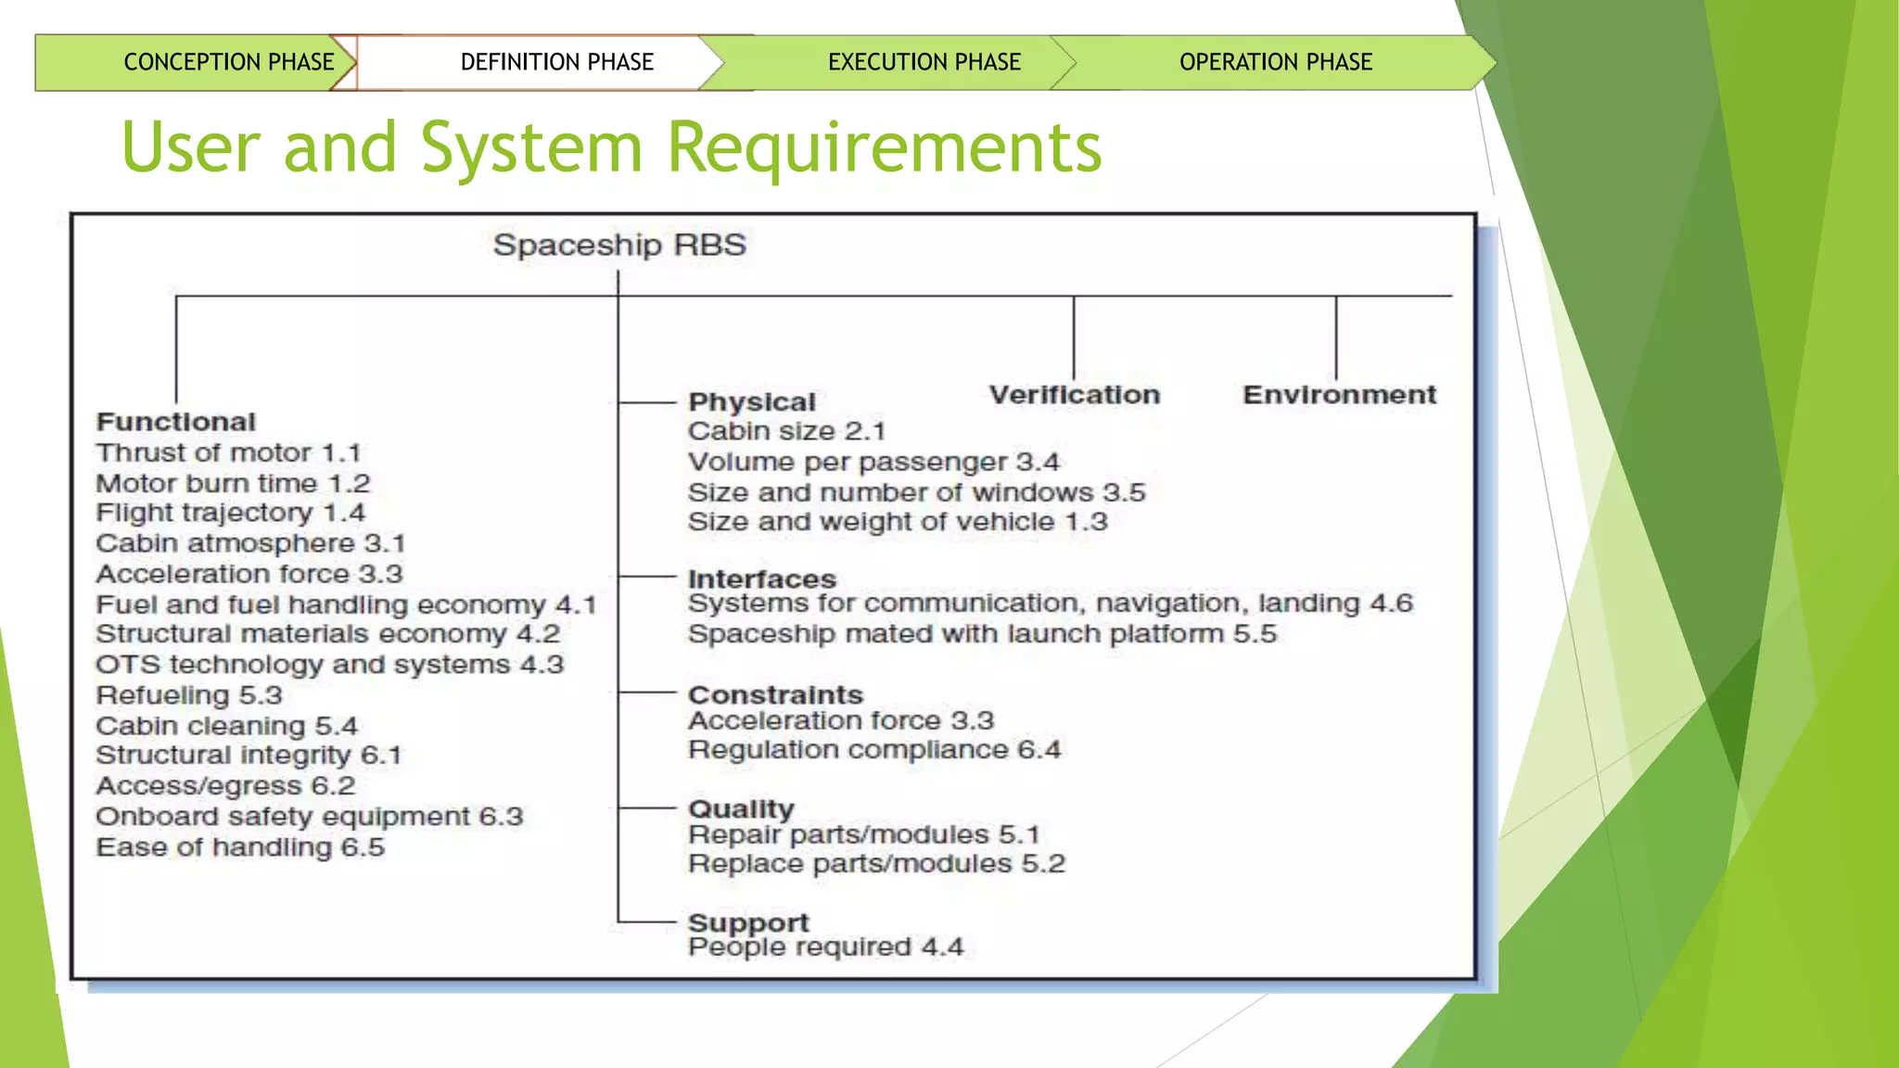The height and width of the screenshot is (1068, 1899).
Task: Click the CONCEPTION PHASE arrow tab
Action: click(x=228, y=62)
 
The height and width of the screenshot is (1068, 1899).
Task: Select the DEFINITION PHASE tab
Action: click(x=556, y=62)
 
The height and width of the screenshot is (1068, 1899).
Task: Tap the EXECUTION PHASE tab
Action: click(x=924, y=62)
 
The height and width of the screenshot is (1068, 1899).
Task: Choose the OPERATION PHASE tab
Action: click(x=1275, y=62)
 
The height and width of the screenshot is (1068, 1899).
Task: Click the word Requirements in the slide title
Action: click(x=884, y=148)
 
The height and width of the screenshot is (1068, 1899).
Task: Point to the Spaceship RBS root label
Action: click(x=619, y=245)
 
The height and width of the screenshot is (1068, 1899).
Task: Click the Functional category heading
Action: click(x=176, y=422)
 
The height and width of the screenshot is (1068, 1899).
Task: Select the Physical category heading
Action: click(x=752, y=402)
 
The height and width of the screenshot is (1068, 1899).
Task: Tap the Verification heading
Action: click(x=1074, y=395)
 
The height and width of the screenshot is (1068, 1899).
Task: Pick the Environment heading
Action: click(x=1339, y=395)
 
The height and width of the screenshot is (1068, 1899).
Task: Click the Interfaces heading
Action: click(x=762, y=578)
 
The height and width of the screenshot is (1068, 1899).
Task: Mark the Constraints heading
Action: click(x=775, y=694)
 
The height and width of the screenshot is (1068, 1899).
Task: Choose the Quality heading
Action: click(x=741, y=809)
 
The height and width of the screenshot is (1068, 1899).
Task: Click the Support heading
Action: click(x=748, y=922)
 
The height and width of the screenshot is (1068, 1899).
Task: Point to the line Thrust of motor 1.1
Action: click(x=228, y=452)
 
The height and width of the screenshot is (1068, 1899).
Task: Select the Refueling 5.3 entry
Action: click(x=189, y=695)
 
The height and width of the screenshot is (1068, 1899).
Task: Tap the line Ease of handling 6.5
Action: click(x=240, y=847)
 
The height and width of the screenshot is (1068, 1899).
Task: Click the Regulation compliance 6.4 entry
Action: click(x=874, y=749)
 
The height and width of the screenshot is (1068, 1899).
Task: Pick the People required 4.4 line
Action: click(x=825, y=947)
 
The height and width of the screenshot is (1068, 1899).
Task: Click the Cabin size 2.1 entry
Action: click(x=786, y=431)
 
